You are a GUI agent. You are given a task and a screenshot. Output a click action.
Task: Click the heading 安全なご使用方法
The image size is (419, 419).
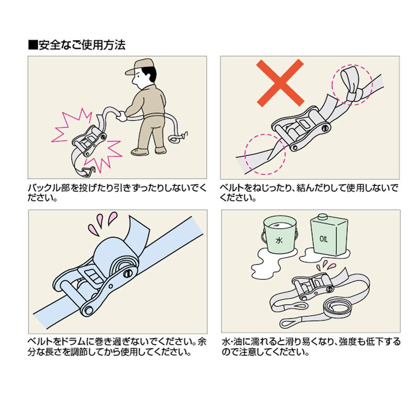82,45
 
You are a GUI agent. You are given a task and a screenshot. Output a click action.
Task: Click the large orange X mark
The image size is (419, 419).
280,82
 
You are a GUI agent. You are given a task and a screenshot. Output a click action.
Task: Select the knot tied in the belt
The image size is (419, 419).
353,95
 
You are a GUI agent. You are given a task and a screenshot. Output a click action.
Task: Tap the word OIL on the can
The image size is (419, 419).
324,238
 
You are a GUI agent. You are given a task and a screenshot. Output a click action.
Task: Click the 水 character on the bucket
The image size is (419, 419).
279,240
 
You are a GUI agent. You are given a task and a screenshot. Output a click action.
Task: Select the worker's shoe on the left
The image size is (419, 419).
139,151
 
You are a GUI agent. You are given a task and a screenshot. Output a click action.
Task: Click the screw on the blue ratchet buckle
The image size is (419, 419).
128,273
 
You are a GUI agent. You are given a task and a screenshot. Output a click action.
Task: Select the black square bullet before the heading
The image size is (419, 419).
32,45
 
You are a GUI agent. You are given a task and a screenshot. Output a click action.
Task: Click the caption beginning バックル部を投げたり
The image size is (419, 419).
117,192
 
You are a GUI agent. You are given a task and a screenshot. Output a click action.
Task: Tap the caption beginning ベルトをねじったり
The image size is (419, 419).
309,192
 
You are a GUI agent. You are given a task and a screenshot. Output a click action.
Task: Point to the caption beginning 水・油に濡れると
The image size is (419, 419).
311,346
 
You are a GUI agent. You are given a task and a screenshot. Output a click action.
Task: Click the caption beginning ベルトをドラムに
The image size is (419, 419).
117,346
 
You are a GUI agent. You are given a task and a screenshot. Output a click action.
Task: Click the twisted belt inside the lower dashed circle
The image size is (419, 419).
264,156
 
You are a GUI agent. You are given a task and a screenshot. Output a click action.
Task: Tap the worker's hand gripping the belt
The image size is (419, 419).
122,116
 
